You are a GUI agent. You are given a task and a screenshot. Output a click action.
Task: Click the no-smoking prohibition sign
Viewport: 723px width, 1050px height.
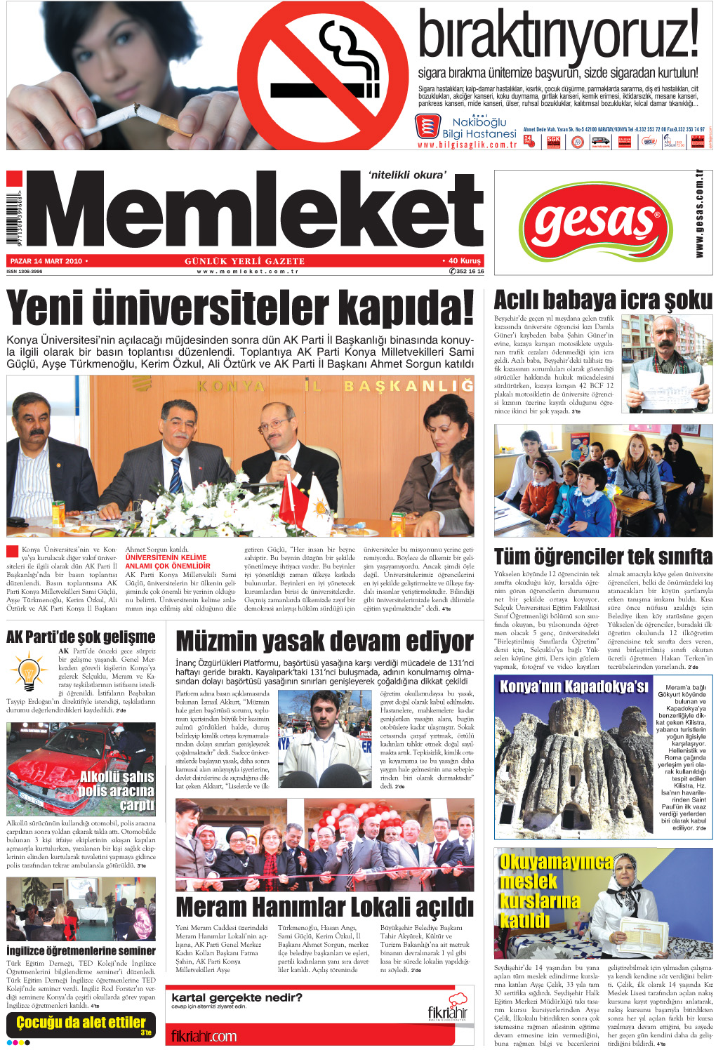coord(324,76)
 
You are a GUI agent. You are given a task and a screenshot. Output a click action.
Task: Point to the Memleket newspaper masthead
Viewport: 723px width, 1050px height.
coord(256,211)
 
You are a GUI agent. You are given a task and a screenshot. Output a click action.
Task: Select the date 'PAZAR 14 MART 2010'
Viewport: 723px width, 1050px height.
coord(47,261)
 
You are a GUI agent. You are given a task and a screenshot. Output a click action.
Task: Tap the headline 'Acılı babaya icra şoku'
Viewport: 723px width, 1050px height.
coord(603,300)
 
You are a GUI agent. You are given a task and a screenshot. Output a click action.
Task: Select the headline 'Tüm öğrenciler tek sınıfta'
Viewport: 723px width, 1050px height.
coord(603,557)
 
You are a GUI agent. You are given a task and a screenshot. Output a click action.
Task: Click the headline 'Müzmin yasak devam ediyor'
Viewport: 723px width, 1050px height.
coord(324,642)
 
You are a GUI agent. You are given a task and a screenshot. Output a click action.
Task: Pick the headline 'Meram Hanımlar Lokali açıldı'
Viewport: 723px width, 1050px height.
coord(324,907)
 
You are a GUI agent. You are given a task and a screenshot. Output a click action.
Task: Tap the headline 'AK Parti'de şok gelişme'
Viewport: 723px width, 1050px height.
coord(81,637)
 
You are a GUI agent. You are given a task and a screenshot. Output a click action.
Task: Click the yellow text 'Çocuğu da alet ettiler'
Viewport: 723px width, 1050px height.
coord(81,1022)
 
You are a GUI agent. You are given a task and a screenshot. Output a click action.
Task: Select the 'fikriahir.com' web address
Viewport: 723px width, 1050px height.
coord(204,1036)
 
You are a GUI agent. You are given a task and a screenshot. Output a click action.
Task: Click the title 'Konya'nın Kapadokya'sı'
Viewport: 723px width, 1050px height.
coord(573,686)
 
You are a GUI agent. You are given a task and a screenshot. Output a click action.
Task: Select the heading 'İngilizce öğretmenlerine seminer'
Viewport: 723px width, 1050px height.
coord(81,950)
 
